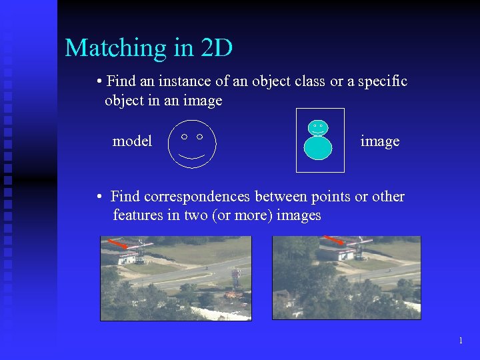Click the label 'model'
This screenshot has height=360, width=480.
132,141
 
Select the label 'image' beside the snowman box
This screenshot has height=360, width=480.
379,141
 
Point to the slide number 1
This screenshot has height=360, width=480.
461,341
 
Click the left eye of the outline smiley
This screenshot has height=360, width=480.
183,136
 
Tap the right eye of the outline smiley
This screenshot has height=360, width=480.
199,136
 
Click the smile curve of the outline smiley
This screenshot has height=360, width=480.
191,157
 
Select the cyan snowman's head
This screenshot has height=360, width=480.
318,127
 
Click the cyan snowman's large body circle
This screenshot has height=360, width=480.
318,148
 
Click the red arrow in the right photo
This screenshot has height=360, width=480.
333,239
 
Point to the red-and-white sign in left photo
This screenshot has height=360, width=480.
236,273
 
